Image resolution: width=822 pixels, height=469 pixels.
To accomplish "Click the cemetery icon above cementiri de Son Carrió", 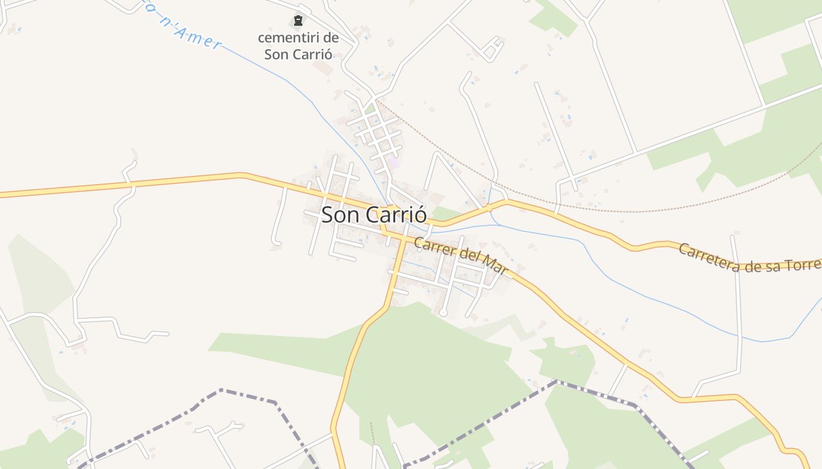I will [x=298, y=21].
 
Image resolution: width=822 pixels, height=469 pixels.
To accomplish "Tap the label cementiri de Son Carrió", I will [x=298, y=46].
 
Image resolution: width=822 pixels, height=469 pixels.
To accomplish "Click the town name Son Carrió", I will [x=373, y=215].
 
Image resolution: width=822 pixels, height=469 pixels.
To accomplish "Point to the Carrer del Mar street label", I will [x=460, y=256].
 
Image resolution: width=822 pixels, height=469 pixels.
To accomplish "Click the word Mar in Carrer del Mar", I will [x=497, y=266].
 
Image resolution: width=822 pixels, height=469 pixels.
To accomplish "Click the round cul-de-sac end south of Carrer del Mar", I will [x=443, y=313].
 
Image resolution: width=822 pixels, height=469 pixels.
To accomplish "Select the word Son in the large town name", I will [x=341, y=215].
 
